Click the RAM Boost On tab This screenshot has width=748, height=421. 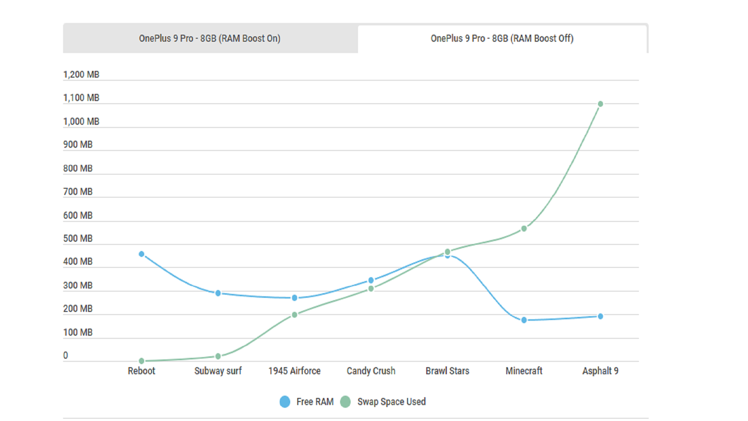pos(210,39)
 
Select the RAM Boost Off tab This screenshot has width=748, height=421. pos(502,39)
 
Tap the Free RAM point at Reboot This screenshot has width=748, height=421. pos(141,254)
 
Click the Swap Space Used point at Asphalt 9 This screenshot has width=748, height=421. pos(600,104)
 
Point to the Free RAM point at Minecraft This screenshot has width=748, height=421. pos(524,320)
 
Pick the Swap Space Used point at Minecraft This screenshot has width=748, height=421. pos(524,229)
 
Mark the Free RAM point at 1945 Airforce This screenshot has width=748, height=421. pos(295,298)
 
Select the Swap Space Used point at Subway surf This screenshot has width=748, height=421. pos(218,356)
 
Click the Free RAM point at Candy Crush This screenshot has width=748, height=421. pos(371,280)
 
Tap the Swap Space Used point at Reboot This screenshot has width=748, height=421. pos(141,361)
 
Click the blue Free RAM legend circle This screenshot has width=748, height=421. pos(285,402)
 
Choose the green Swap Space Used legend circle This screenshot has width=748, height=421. pos(345,402)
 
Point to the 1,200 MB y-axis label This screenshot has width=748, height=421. pos(81,74)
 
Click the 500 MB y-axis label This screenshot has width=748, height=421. pos(78,239)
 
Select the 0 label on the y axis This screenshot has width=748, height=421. pos(65,356)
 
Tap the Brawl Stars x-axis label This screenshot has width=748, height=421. pos(447,371)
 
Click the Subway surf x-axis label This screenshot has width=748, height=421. pos(218,371)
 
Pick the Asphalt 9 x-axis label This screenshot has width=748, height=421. pos(600,371)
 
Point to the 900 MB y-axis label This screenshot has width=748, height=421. pos(78,145)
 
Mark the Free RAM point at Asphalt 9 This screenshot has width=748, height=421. pos(600,317)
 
